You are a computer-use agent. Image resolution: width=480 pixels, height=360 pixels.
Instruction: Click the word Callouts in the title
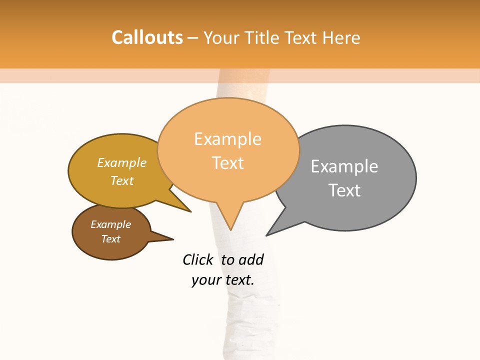pos(147,37)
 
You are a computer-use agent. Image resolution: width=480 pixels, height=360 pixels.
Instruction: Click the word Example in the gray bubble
pos(344,166)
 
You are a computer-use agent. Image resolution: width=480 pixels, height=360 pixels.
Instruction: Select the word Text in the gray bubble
pos(344,190)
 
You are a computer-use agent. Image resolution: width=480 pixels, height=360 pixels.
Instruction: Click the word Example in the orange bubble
pos(227,139)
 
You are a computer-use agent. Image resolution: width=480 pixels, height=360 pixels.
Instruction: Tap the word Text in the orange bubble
pos(228,163)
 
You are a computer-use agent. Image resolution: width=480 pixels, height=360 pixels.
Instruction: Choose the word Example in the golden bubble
pos(122,163)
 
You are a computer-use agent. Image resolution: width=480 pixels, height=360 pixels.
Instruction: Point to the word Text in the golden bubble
pos(122,180)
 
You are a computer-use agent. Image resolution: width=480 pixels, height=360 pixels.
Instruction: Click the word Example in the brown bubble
pos(110,224)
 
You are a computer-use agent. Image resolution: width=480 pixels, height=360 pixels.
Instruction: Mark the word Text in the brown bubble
pos(110,239)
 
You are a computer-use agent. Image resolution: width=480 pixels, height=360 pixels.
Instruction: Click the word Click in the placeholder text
pos(197,259)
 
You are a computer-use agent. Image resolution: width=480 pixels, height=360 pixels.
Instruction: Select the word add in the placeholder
pos(250,259)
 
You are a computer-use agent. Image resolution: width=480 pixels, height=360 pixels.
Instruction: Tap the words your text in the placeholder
pos(222,280)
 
